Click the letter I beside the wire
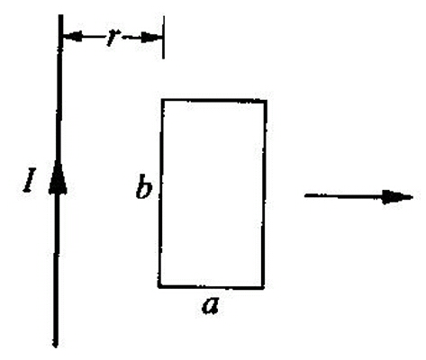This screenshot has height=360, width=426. [x=30, y=180]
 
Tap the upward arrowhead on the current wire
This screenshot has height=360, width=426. [x=58, y=177]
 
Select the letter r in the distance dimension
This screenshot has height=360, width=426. [x=113, y=39]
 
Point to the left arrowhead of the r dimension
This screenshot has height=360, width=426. [x=73, y=37]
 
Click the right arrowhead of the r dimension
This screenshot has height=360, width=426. [x=151, y=37]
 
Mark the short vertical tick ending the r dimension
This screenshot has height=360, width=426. [x=163, y=37]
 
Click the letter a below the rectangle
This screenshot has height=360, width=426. [x=211, y=306]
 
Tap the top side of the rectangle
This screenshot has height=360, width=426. [x=214, y=101]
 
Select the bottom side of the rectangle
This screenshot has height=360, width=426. [x=212, y=286]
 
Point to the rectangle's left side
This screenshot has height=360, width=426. [x=161, y=193]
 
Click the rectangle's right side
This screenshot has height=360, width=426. [x=264, y=193]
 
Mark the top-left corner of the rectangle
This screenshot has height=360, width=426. [x=163, y=100]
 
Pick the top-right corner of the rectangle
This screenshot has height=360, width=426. [x=266, y=102]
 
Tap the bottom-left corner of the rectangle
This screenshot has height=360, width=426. [x=159, y=286]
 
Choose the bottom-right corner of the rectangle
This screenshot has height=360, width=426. [x=263, y=287]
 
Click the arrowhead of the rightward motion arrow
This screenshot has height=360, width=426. [x=397, y=197]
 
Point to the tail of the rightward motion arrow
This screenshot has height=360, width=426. [x=305, y=195]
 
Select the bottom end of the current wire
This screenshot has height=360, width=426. [x=55, y=346]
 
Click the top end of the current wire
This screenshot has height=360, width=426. [x=60, y=15]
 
